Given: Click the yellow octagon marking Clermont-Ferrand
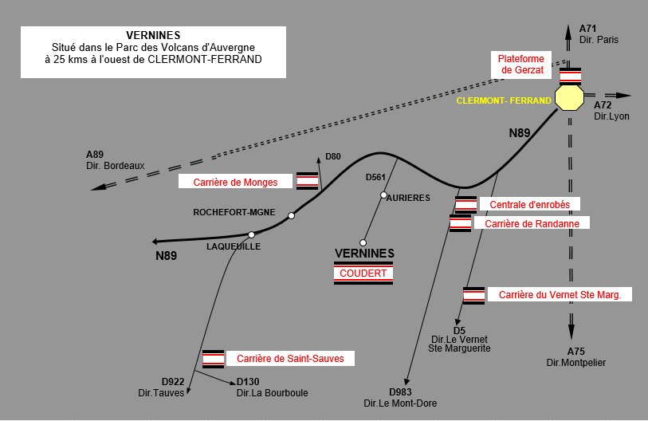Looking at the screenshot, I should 569,96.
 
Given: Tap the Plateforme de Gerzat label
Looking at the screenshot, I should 521,65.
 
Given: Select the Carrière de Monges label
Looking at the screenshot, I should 235,182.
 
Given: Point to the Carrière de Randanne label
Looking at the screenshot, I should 531,223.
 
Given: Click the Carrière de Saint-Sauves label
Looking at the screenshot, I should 290,359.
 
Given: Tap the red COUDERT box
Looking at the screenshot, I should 363,273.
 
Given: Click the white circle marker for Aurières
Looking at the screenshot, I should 383,195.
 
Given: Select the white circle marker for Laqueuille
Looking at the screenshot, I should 251,234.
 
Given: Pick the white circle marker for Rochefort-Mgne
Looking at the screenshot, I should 292,215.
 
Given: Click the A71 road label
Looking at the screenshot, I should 588,29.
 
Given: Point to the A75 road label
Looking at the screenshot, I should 576,352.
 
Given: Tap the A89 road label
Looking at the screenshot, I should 96,154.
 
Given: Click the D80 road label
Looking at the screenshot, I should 333,156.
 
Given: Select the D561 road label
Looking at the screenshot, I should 375,177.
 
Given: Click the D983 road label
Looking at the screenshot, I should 401,391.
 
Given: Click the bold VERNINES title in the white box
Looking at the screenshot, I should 153,35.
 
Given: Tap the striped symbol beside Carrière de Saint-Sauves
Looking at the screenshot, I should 213,359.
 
